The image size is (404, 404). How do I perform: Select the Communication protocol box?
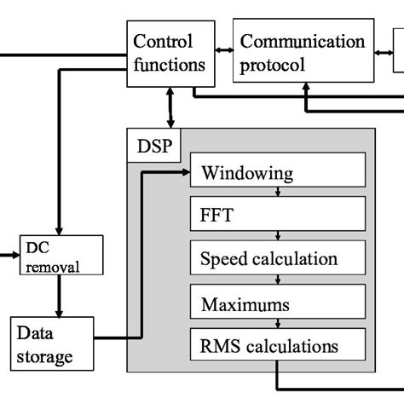pos(303,52)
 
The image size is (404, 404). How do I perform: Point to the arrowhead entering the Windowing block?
pos(185,171)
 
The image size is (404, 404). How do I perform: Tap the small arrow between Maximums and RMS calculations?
pos(279,325)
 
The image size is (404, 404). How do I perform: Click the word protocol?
pos(273,64)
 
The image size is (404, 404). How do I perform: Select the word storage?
pos(44,355)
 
